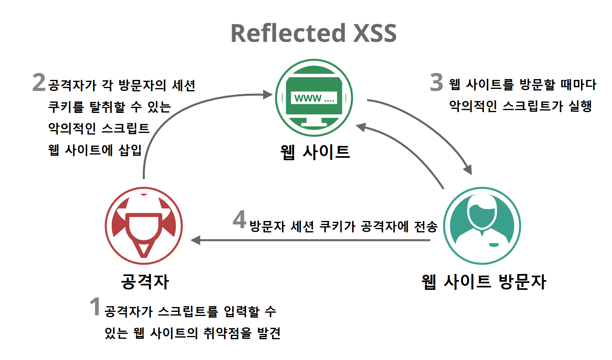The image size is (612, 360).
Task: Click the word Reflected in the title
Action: [x=288, y=33]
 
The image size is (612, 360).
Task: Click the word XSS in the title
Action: [x=375, y=33]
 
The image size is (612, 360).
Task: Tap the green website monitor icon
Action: [x=314, y=98]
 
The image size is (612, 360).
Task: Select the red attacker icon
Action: [x=144, y=225]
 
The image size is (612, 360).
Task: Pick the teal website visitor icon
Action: [x=482, y=225]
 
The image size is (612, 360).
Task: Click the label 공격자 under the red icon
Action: [x=145, y=282]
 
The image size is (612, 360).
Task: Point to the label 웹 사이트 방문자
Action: [x=483, y=282]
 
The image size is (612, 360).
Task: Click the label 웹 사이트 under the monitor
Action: [x=315, y=152]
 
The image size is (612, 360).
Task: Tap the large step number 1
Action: [x=95, y=307]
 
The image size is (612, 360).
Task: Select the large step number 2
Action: [x=39, y=82]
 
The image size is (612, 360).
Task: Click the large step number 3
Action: [x=436, y=82]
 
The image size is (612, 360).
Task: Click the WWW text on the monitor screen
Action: [x=308, y=98]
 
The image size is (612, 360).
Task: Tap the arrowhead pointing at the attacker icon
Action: [x=195, y=240]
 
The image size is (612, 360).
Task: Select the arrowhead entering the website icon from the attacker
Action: [x=268, y=95]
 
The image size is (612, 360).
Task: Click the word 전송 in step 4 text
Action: [x=426, y=226]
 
